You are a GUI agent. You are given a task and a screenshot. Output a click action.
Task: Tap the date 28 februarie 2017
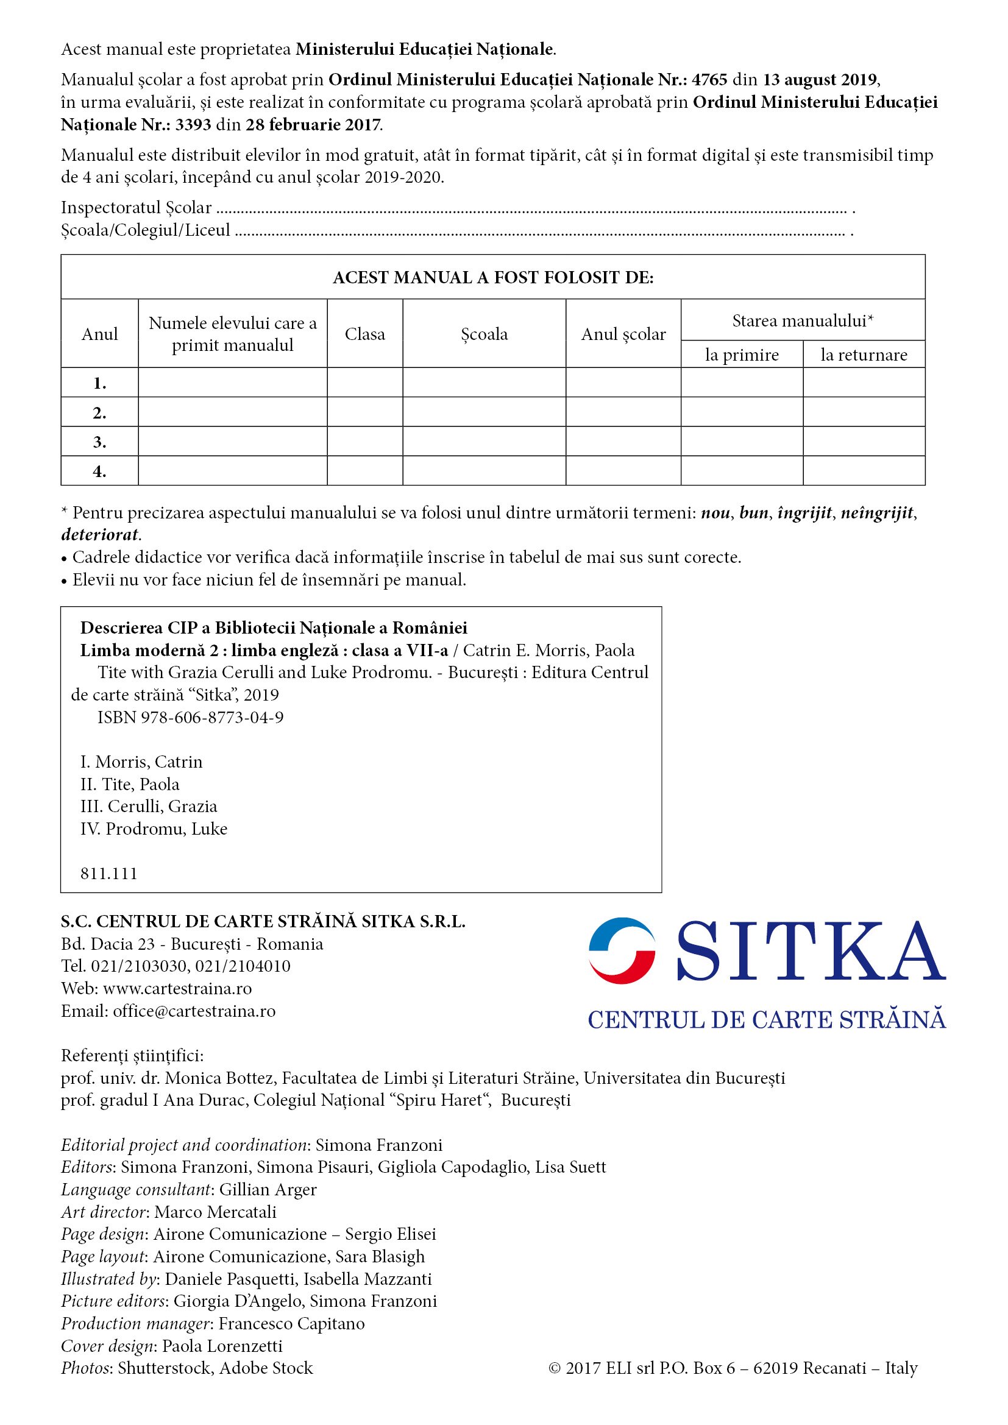(313, 126)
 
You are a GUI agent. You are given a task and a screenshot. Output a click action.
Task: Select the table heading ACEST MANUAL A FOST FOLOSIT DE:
(493, 277)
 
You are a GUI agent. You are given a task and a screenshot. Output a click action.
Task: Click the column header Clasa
(365, 334)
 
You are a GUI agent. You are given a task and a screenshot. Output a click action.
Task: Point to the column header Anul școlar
(623, 334)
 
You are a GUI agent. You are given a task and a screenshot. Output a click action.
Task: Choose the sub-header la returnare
(864, 355)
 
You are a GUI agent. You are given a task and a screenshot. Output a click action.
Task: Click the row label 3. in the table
(99, 442)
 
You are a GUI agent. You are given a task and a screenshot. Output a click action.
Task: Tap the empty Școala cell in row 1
(484, 383)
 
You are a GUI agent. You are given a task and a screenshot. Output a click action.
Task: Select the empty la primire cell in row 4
(742, 471)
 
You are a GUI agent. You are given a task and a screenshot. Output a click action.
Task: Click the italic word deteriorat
(100, 535)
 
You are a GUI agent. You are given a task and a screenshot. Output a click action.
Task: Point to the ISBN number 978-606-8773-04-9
(211, 718)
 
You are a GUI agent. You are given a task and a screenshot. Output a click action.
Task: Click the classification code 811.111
(108, 874)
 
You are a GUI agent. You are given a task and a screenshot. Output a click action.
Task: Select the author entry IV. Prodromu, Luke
(154, 829)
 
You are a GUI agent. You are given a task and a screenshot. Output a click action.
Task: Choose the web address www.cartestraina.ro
(177, 989)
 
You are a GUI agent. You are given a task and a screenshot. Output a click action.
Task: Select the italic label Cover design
(108, 1346)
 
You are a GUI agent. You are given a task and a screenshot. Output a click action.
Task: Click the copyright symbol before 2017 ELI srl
(554, 1368)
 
